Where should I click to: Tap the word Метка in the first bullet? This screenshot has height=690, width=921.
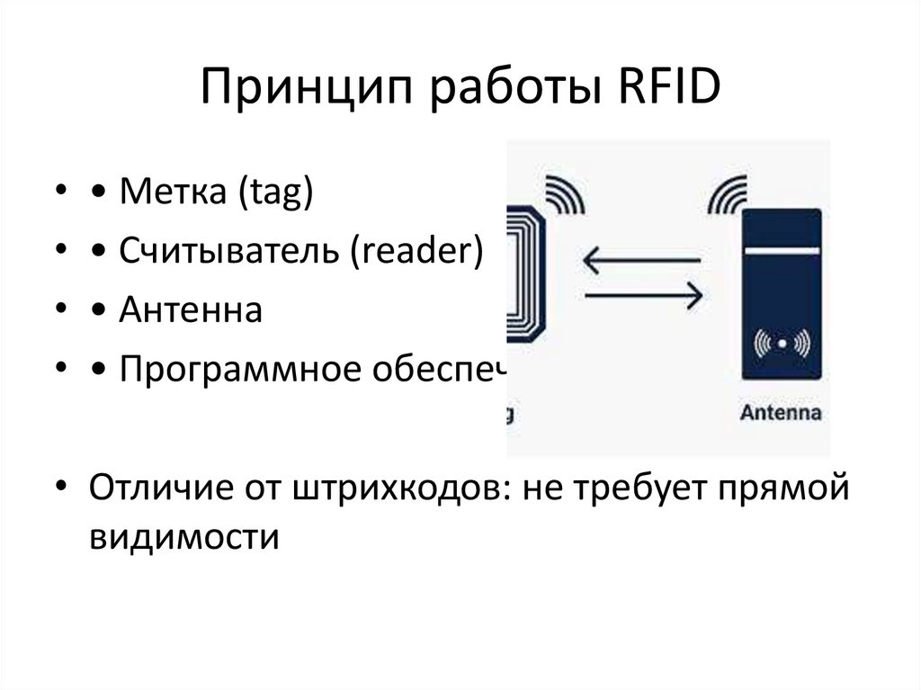pos(173,193)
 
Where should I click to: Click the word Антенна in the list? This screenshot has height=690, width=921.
pos(190,311)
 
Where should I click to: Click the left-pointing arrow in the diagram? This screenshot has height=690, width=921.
pos(641,262)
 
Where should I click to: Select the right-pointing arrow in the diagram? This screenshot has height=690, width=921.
pos(641,293)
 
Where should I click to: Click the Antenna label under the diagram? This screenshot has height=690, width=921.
pos(781,415)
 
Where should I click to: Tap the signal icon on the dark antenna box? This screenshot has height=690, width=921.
pos(781,343)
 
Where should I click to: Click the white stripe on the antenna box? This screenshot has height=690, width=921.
pos(781,246)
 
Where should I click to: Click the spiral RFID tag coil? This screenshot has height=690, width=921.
pos(527,273)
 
